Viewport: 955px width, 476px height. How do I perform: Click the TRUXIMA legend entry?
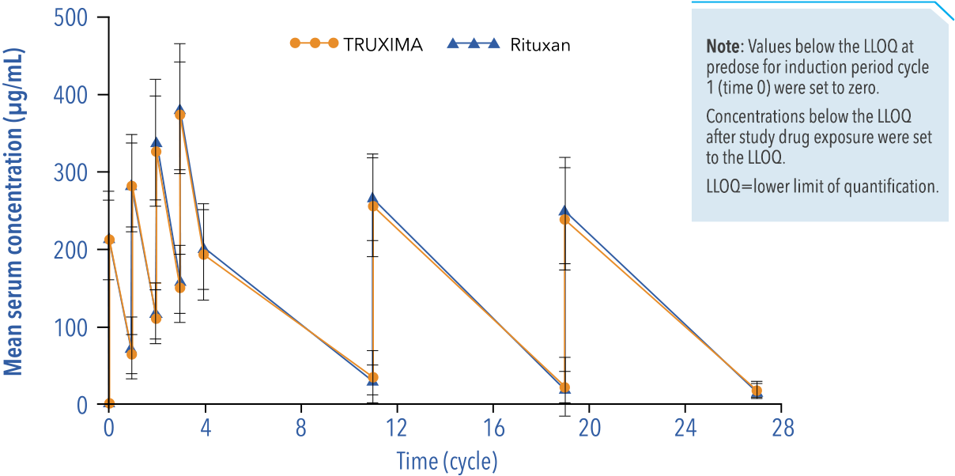pyautogui.click(x=356, y=45)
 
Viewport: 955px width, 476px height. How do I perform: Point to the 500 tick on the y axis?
pyautogui.click(x=70, y=17)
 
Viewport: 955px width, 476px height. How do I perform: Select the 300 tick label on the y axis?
pyautogui.click(x=70, y=172)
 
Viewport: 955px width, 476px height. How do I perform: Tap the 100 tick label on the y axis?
pyautogui.click(x=70, y=327)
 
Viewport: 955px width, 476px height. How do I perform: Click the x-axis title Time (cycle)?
pyautogui.click(x=447, y=460)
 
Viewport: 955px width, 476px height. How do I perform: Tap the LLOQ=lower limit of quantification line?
pyautogui.click(x=822, y=187)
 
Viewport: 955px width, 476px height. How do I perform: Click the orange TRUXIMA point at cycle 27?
pyautogui.click(x=757, y=391)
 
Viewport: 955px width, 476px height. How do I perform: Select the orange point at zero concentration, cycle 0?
pyautogui.click(x=109, y=403)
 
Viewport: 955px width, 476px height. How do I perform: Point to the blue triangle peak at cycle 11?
pyautogui.click(x=372, y=198)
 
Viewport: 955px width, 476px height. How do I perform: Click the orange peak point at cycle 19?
pyautogui.click(x=564, y=219)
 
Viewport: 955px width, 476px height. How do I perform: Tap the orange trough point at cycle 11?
pyautogui.click(x=372, y=377)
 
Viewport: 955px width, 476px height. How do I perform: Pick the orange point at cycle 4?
pyautogui.click(x=203, y=254)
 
